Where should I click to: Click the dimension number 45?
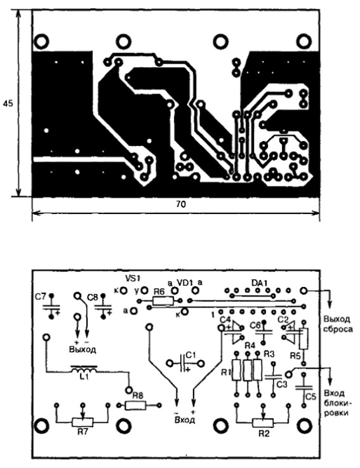pos(8,104)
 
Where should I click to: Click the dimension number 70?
pos(181,204)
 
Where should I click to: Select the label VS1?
pos(133,278)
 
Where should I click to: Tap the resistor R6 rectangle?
pos(163,300)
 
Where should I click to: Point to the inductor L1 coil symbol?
pos(84,370)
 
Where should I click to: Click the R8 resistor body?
pos(136,405)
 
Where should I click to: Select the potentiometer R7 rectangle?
pos(83,422)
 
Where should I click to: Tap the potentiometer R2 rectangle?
pos(263,422)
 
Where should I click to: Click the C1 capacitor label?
pos(190,355)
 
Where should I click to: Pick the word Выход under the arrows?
pos(83,349)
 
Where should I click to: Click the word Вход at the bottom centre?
pos(184,420)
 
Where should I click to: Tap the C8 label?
pos(92,298)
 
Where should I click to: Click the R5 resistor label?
pos(295,356)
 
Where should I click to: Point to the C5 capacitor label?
pos(310,397)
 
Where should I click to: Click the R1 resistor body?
pos(236,370)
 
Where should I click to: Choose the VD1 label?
pos(185,282)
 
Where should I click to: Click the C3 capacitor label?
pos(281,385)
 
